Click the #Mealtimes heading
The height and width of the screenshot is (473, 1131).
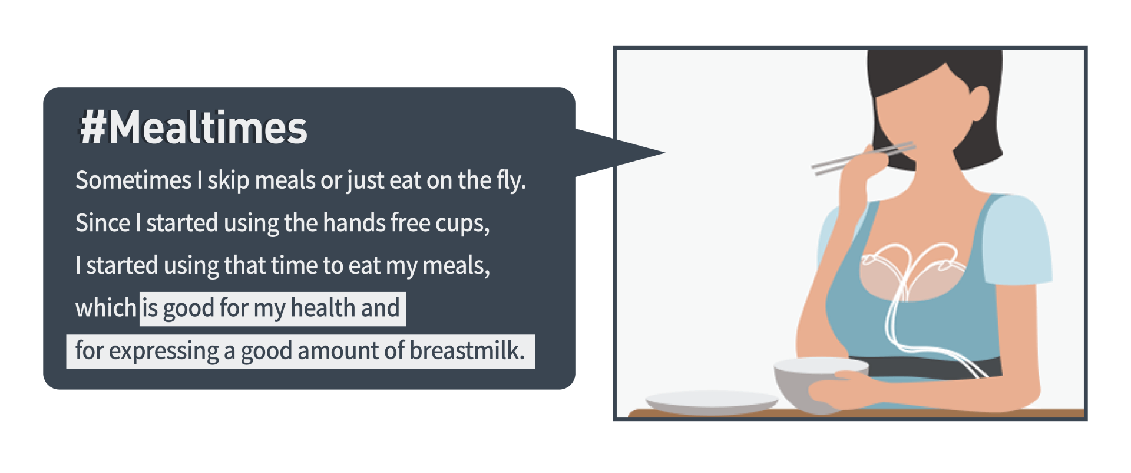[x=193, y=128]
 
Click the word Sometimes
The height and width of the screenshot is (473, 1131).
[x=134, y=180]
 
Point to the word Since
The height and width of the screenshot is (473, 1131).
[x=103, y=223]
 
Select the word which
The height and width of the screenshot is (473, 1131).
[x=106, y=308]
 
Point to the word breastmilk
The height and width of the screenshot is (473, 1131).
[x=467, y=350]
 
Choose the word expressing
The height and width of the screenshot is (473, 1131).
[x=164, y=352]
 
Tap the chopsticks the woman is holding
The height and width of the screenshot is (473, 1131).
[x=863, y=157]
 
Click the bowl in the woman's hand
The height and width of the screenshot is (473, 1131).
[x=816, y=384]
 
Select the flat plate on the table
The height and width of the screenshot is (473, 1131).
[x=712, y=402]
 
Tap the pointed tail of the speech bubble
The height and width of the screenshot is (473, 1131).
[x=664, y=153]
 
